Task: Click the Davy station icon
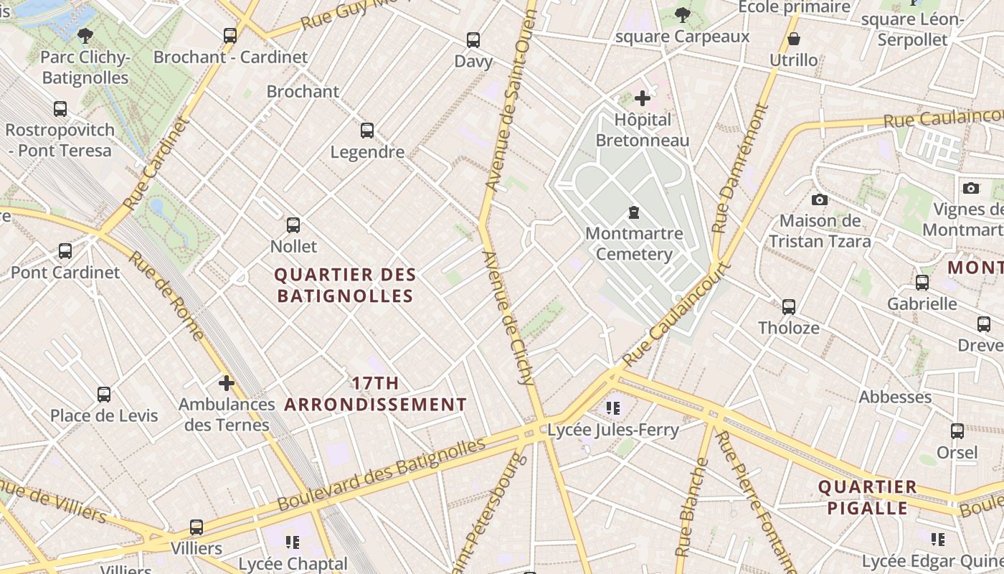[473, 40]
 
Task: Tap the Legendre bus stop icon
[367, 131]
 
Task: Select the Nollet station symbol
[293, 225]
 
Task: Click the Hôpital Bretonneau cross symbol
[643, 98]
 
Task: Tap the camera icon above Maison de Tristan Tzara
[820, 199]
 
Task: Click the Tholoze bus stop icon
[789, 307]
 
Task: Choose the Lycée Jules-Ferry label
[612, 430]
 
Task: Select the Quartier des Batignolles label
[345, 285]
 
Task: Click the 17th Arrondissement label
[375, 394]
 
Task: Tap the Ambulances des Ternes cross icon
[227, 383]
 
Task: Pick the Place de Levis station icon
[104, 395]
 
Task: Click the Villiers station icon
[196, 527]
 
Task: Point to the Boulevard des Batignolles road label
[381, 474]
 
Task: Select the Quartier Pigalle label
[868, 497]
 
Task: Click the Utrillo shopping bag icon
[794, 39]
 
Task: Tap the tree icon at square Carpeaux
[682, 15]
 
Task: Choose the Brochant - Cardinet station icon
[230, 35]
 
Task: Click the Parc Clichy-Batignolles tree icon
[85, 35]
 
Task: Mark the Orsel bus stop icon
[957, 431]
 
